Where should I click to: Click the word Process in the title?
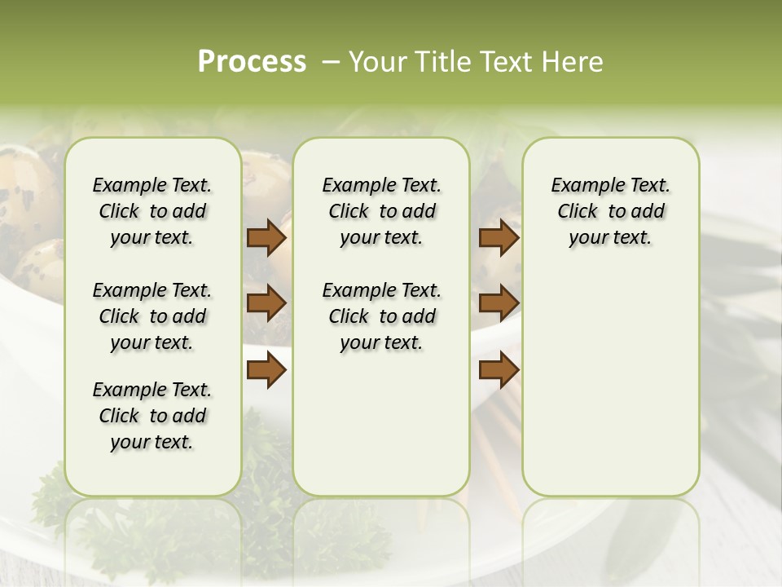pos(252,62)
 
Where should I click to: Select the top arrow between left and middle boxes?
pos(266,238)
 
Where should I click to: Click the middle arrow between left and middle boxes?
pos(266,303)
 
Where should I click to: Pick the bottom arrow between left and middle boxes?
pos(266,371)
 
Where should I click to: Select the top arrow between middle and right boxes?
pos(499,238)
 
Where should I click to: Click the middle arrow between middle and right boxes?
pos(499,303)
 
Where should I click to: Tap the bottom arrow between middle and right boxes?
pos(499,371)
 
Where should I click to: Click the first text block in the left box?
pos(152,212)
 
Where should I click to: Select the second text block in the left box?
pos(152,316)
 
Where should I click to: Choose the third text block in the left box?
pos(152,416)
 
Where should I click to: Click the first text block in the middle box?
pos(381,212)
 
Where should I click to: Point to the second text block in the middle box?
pos(381,316)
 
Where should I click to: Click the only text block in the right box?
pos(610,212)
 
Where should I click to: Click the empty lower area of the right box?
pos(610,391)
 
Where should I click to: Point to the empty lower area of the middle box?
pos(381,424)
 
